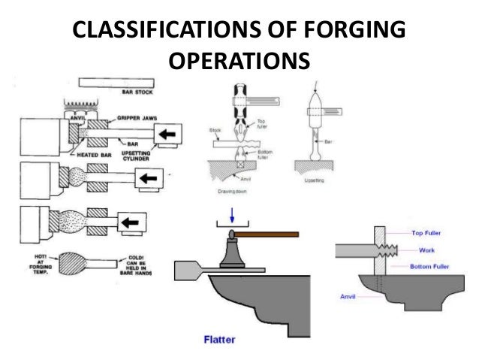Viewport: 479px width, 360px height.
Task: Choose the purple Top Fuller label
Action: pos(429,234)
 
